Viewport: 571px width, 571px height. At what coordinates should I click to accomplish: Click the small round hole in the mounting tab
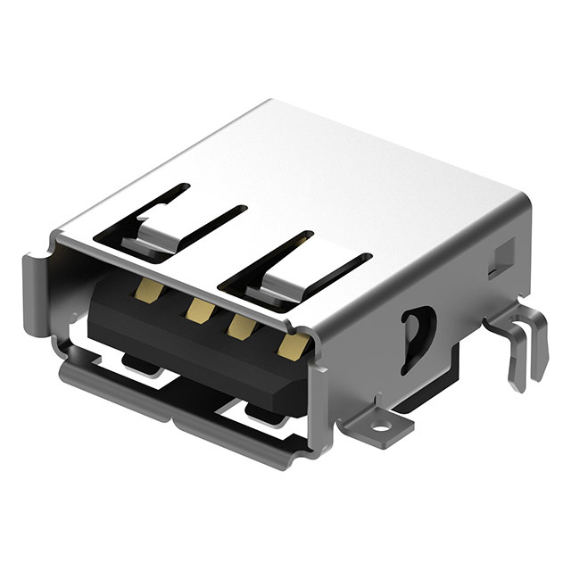click(x=381, y=426)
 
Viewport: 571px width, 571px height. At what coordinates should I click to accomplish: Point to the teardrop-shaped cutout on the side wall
click(x=417, y=337)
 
